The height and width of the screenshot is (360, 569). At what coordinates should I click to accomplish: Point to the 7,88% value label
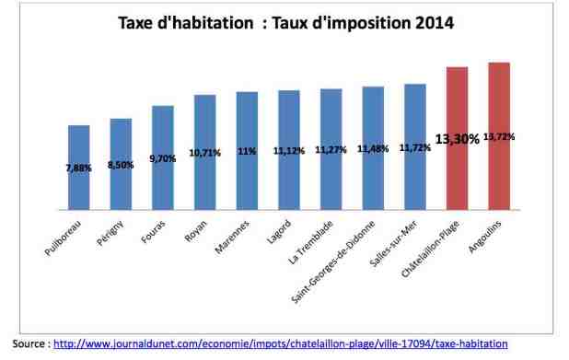[x=78, y=168]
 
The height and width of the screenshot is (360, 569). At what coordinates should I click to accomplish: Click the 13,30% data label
[x=458, y=139]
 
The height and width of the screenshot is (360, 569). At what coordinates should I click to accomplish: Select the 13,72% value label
[x=500, y=136]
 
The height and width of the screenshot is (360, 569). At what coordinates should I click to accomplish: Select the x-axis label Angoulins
[x=489, y=237]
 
